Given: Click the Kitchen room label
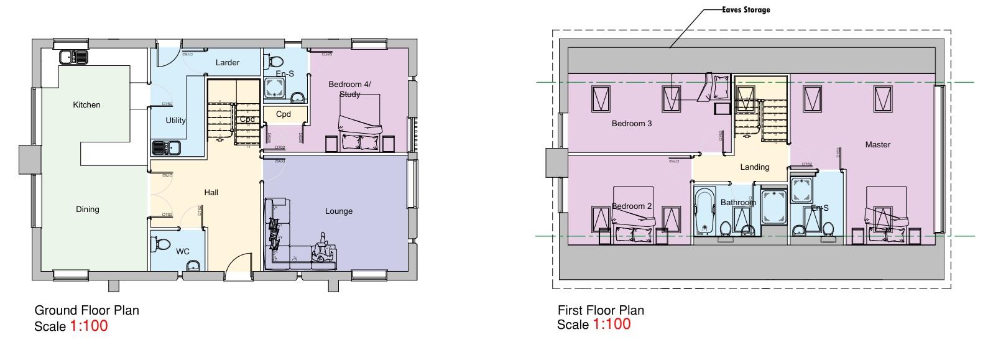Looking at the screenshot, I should (x=86, y=104).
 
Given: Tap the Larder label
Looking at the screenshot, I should (x=228, y=62).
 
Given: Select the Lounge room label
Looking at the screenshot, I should (x=339, y=211).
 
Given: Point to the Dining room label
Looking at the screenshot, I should (x=88, y=209).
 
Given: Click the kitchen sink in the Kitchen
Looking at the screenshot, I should (x=75, y=57).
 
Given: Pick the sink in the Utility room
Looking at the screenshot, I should (x=166, y=148).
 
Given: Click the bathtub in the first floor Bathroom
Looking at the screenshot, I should (x=705, y=212).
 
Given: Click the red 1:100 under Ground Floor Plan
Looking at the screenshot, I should (x=88, y=325).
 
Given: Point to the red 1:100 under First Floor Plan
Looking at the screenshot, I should (x=611, y=324).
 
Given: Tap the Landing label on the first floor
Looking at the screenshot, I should (x=755, y=167).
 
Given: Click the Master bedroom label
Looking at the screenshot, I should (x=878, y=144).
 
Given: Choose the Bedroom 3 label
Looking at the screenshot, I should (x=632, y=123).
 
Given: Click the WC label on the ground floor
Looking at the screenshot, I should (x=182, y=252).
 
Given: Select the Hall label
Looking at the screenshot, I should (x=211, y=193).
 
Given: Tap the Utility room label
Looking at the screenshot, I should (x=175, y=120).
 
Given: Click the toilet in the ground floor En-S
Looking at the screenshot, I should (x=274, y=62).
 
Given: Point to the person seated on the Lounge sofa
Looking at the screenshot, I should (x=322, y=247).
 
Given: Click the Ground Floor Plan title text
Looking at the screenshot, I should (x=86, y=310).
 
